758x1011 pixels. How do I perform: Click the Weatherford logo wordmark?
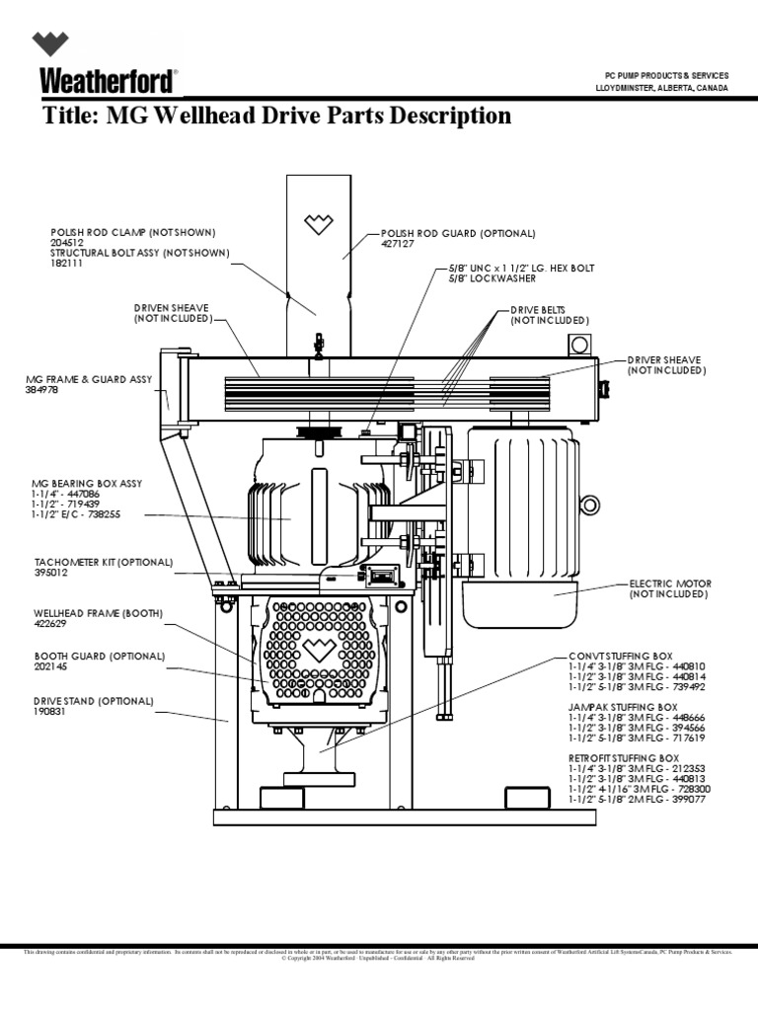(109, 80)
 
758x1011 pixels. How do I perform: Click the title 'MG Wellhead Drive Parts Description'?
(277, 117)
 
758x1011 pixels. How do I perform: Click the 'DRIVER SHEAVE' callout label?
(664, 359)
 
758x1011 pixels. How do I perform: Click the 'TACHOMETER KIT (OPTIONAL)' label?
(104, 561)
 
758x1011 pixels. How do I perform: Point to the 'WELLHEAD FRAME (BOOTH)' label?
(98, 613)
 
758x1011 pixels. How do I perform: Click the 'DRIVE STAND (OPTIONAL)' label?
(94, 701)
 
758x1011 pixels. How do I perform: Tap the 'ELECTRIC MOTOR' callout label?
(670, 583)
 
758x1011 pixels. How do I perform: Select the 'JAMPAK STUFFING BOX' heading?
(623, 708)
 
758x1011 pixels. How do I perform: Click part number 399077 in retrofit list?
(688, 802)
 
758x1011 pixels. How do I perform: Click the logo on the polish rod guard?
(319, 224)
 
